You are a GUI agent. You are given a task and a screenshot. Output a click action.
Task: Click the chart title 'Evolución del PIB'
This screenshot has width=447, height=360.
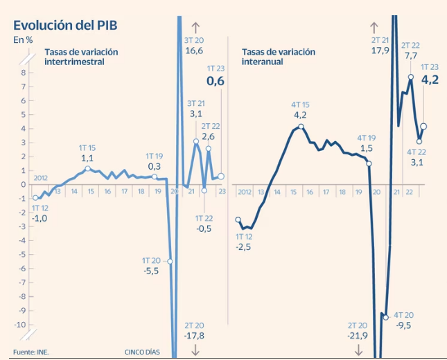coord(65,25)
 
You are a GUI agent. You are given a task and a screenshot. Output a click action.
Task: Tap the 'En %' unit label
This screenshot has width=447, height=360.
coord(23,40)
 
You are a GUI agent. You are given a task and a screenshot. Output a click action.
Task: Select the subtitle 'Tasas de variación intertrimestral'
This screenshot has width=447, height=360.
coord(81,57)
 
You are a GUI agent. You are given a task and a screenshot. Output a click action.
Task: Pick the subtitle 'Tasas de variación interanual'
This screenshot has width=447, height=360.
coord(278,57)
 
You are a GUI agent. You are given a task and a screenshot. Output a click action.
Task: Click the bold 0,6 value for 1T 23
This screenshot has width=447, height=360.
coord(216,82)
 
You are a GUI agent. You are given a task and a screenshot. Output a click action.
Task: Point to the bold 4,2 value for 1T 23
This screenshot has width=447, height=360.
coord(430,80)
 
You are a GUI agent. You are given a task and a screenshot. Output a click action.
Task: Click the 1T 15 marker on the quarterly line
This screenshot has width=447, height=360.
coord(87,169)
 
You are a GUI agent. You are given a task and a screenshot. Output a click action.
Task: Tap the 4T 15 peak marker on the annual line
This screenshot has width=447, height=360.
coord(301,127)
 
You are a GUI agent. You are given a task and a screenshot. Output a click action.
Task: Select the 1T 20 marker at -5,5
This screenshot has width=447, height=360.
coord(170,261)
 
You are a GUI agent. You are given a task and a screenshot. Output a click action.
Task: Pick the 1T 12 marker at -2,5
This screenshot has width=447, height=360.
coord(238,219)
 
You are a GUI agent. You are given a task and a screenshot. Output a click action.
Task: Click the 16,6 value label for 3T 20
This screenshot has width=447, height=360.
coord(194,51)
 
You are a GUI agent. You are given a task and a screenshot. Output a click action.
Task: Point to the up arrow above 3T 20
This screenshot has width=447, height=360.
coord(195,28)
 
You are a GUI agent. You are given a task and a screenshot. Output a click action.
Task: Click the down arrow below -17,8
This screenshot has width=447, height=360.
coord(195,350)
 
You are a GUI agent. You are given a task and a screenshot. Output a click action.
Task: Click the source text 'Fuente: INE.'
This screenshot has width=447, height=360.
coord(31,352)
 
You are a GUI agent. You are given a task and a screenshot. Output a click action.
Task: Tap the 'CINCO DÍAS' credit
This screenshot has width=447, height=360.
coord(142,352)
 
